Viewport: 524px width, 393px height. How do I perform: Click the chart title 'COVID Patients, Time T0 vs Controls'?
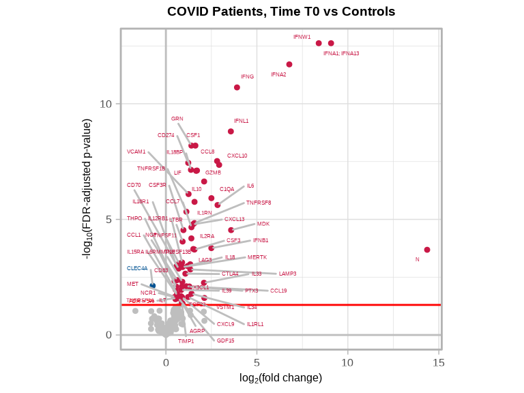point(281,12)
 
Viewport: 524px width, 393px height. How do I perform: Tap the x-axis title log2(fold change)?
point(280,377)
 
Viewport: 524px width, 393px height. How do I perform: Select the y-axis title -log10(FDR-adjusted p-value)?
point(87,188)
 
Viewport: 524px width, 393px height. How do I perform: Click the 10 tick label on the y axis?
point(106,104)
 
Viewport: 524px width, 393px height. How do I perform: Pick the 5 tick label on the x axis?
point(257,362)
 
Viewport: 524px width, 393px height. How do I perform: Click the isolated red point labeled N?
point(427,250)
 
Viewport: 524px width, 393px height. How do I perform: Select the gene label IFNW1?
point(302,37)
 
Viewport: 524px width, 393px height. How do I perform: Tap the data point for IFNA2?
point(289,64)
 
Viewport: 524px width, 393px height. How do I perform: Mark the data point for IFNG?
point(237,87)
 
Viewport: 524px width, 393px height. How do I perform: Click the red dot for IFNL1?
point(231,131)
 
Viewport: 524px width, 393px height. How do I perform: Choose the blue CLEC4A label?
point(137,268)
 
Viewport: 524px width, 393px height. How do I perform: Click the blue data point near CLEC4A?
point(153,285)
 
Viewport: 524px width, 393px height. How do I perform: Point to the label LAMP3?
point(287,274)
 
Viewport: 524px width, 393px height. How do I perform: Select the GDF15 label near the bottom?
point(225,340)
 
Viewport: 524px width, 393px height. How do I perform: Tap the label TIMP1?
point(186,341)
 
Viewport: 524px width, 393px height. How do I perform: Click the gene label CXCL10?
point(237,156)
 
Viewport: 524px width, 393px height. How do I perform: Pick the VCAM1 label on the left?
point(136,151)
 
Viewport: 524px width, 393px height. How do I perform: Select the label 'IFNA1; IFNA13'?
point(341,53)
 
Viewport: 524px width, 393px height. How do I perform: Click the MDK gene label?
point(263,224)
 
